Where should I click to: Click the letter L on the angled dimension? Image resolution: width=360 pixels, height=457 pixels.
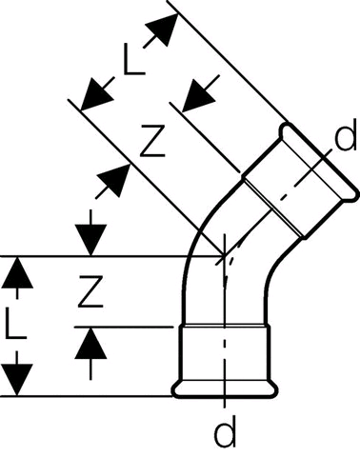click(x=134, y=60)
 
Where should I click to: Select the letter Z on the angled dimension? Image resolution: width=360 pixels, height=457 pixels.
click(x=152, y=141)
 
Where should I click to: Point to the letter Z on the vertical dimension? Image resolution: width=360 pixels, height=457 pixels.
click(x=90, y=291)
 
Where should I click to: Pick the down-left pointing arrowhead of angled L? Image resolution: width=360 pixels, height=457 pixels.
click(x=96, y=95)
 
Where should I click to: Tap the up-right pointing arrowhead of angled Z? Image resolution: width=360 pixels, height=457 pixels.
click(x=114, y=180)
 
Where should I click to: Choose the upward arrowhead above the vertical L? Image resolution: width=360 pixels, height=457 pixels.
click(x=17, y=272)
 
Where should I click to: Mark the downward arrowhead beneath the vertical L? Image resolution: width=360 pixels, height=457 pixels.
click(x=17, y=380)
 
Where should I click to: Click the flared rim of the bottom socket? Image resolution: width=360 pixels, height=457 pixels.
click(x=225, y=389)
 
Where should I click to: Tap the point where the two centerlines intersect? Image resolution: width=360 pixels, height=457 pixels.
click(x=225, y=256)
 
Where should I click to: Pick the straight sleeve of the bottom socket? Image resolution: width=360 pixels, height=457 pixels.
click(x=225, y=353)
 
